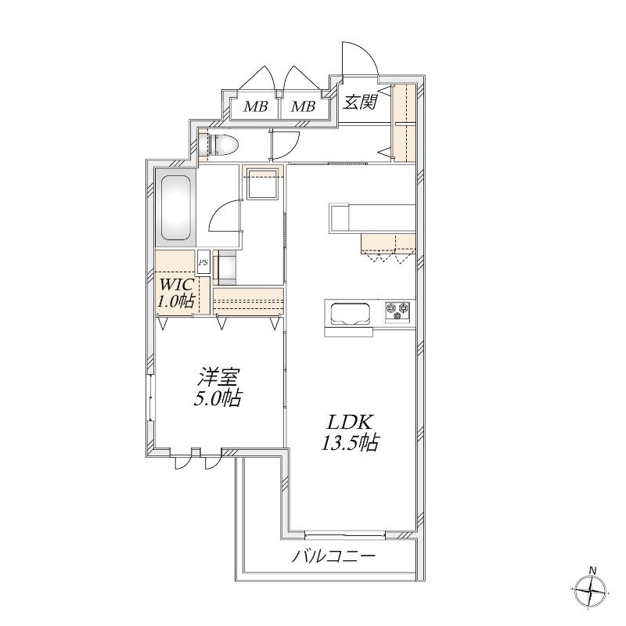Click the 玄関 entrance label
361,103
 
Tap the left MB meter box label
256,106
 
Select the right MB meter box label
303,106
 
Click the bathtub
175,207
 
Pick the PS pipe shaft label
203,263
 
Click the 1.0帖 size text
175,300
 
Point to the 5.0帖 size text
218,398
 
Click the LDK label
351,422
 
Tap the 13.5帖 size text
351,442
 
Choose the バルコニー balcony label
334,556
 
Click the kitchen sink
348,315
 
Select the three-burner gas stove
398,311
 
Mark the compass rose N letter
593,570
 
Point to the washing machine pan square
262,184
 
